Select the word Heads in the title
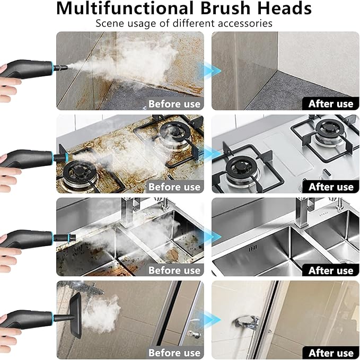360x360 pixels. point(285,8)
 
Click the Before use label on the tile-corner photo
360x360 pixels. point(174,103)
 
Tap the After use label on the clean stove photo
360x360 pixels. point(330,187)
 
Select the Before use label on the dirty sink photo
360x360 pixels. point(174,270)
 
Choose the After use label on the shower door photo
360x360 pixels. point(330,353)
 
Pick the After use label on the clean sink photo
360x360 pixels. point(330,270)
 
